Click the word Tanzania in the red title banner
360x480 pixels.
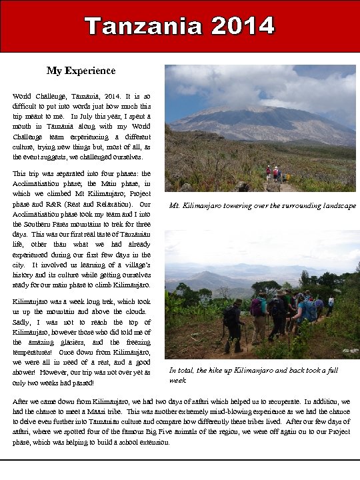[x=144, y=26]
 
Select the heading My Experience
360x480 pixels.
[x=81, y=71]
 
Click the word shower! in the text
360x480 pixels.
[x=27, y=372]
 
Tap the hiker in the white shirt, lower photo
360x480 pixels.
[x=331, y=305]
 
